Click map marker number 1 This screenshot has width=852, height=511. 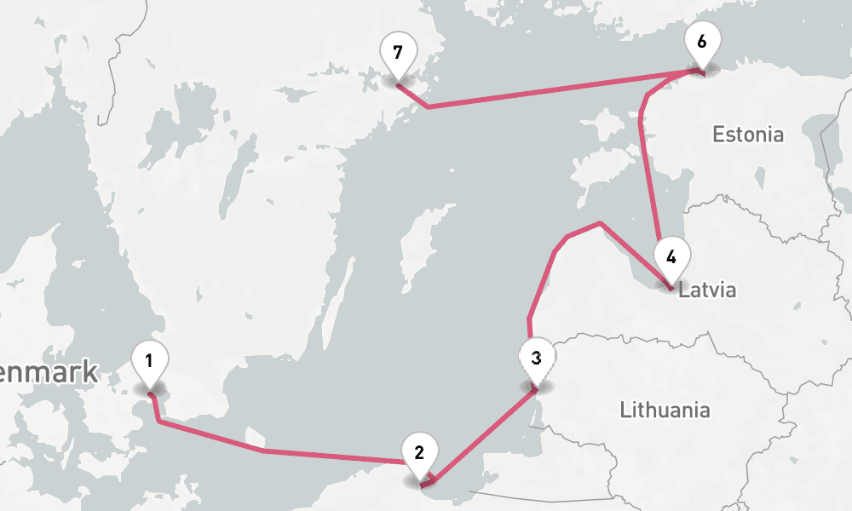[149, 361]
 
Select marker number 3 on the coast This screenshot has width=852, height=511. [536, 359]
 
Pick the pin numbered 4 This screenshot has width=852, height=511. [671, 256]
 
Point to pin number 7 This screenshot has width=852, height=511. [397, 53]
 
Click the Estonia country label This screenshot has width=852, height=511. [747, 135]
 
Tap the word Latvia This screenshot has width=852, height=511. [706, 290]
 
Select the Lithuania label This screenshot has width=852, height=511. [665, 410]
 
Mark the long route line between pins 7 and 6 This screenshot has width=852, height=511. [554, 91]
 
